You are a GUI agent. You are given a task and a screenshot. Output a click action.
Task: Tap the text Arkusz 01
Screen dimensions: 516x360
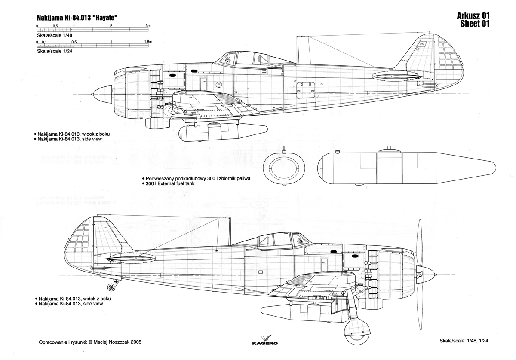point(473,15)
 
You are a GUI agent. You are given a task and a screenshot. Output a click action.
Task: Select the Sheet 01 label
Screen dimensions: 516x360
point(475,24)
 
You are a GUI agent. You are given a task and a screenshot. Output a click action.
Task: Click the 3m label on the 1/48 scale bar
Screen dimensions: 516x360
point(148,25)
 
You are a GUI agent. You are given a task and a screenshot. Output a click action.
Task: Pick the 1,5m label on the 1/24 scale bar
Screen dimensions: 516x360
point(148,42)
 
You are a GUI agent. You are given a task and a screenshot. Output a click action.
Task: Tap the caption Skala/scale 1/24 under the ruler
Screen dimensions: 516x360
point(55,51)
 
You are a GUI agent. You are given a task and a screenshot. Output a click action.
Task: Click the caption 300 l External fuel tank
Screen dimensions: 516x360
point(170,183)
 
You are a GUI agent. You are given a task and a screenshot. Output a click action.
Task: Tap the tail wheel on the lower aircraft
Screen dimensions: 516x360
point(111,287)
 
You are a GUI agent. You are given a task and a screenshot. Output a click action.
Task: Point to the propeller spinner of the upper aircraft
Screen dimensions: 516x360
point(102,94)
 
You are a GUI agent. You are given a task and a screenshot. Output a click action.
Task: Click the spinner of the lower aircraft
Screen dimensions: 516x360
point(428,275)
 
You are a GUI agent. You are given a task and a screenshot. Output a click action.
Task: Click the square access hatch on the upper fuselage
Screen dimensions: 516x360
point(306,90)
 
